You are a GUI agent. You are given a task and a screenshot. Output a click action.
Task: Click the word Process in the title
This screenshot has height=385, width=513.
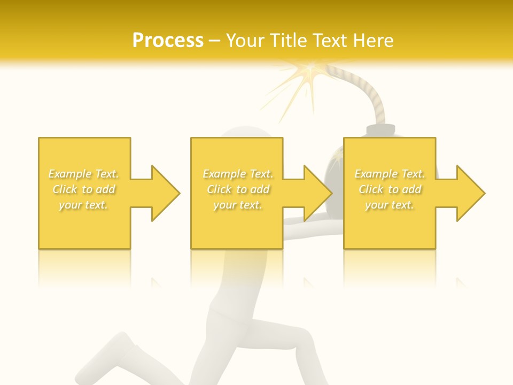tap(168, 41)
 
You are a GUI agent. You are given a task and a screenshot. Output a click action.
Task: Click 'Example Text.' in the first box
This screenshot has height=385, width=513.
tap(84, 174)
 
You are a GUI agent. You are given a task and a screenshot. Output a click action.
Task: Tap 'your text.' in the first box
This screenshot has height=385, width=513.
tap(84, 205)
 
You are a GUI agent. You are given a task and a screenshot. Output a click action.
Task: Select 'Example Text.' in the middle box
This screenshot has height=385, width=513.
tap(238, 174)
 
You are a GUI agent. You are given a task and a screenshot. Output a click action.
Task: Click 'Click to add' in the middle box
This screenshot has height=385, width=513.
tap(238, 189)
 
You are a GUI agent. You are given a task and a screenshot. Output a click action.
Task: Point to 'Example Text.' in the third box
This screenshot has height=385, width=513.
tap(390, 174)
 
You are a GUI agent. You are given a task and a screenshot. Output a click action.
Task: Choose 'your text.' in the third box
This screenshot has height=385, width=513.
tap(390, 205)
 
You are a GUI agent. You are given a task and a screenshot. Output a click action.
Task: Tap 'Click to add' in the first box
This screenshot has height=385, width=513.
tap(84, 189)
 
